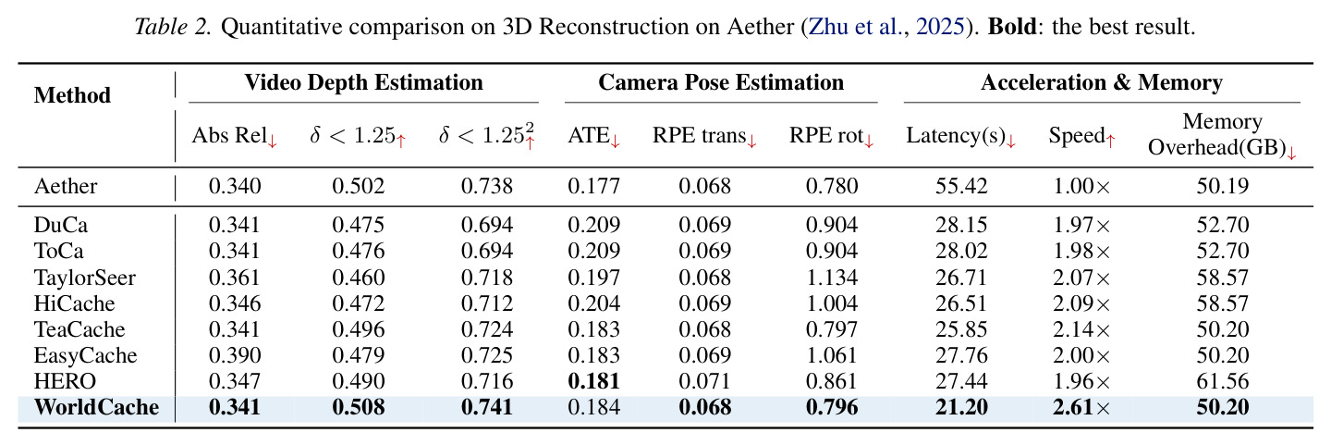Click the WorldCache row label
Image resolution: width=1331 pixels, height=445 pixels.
pyautogui.click(x=96, y=407)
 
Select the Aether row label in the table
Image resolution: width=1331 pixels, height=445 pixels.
pyautogui.click(x=66, y=186)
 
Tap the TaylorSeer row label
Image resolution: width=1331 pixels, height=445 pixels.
pyautogui.click(x=84, y=278)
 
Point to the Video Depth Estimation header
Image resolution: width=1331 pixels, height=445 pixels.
pyautogui.click(x=363, y=82)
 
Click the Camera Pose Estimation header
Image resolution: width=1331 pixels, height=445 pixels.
pyautogui.click(x=721, y=82)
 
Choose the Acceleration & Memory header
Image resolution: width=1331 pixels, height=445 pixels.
pyautogui.click(x=1102, y=82)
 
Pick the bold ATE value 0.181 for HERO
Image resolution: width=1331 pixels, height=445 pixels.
pyautogui.click(x=593, y=381)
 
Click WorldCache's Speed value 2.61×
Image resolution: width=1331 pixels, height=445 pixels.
pyautogui.click(x=1081, y=407)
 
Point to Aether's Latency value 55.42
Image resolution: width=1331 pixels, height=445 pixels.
pyautogui.click(x=961, y=186)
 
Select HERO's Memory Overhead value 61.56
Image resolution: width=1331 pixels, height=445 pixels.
pyautogui.click(x=1222, y=381)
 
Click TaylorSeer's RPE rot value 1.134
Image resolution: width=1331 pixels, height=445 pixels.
pyautogui.click(x=832, y=278)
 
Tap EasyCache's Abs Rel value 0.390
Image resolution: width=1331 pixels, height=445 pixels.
pyautogui.click(x=235, y=355)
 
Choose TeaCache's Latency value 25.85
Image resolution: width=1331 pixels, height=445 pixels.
pyautogui.click(x=961, y=329)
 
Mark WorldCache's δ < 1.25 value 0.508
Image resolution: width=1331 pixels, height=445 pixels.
pyautogui.click(x=359, y=407)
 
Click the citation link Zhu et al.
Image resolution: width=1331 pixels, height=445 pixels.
pyautogui.click(x=856, y=27)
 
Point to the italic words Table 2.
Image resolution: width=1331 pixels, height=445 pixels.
pyautogui.click(x=173, y=27)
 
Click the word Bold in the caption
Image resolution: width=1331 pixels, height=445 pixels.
pyautogui.click(x=1012, y=27)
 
